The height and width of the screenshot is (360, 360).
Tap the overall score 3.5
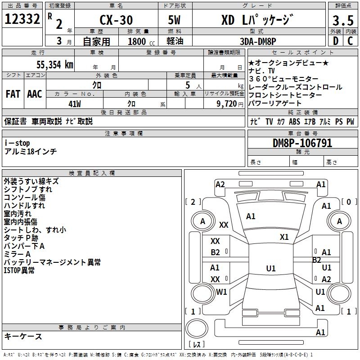[x=342, y=21]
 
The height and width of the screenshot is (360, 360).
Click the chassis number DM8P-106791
[x=302, y=143]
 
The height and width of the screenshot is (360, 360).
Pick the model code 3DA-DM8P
[x=258, y=41]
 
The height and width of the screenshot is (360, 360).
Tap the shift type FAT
[x=13, y=94]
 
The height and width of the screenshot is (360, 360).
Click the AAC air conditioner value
[x=34, y=94]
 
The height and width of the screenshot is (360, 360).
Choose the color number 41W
[x=75, y=103]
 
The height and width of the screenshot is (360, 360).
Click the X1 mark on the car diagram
[x=284, y=237]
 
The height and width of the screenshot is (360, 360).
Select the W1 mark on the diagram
[x=222, y=292]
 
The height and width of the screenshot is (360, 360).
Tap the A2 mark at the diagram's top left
[x=220, y=184]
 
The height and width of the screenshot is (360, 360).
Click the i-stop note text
[x=17, y=143]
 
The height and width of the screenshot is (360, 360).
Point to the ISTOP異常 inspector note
[x=19, y=270]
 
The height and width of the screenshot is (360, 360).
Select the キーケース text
[x=23, y=336]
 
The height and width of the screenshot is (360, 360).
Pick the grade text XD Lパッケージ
[x=257, y=20]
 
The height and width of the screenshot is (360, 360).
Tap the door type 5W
[x=175, y=20]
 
